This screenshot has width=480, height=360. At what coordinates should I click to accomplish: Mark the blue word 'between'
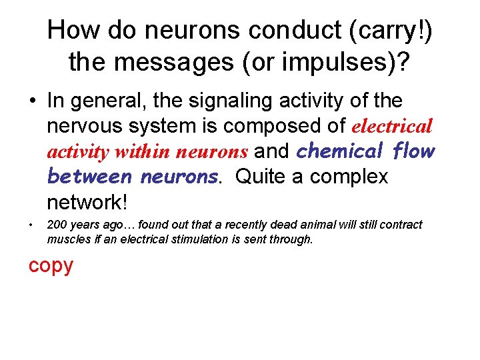[x=89, y=177]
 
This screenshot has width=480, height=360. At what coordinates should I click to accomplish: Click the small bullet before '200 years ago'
[x=31, y=225]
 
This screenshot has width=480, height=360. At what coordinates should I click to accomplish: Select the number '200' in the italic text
[x=56, y=225]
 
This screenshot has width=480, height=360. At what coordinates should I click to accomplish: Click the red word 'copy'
[x=51, y=265]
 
